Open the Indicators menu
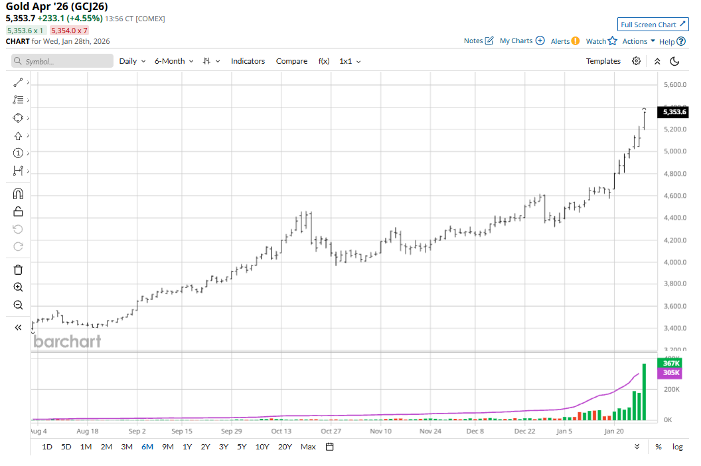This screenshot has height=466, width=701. tap(248, 61)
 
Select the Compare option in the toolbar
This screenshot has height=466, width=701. tap(291, 61)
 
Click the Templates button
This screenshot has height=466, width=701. tap(603, 61)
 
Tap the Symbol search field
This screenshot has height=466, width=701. tap(63, 61)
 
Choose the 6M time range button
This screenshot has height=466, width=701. tap(147, 447)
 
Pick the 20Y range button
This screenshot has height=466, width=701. tap(285, 447)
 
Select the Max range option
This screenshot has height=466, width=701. tap(308, 447)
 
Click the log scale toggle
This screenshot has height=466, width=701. tap(677, 447)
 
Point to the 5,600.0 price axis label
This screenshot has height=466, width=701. tap(674, 85)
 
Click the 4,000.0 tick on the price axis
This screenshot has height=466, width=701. tap(674, 262)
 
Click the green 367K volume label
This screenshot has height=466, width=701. tap(671, 363)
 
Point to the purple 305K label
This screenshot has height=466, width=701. tap(671, 373)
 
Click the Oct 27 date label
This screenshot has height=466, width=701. tap(331, 431)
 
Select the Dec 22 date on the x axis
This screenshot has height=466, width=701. tap(524, 431)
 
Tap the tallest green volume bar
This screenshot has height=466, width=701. tap(644, 392)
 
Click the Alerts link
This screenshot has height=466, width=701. tap(565, 41)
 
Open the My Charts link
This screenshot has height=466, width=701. tap(522, 41)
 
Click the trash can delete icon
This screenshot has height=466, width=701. tap(18, 270)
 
